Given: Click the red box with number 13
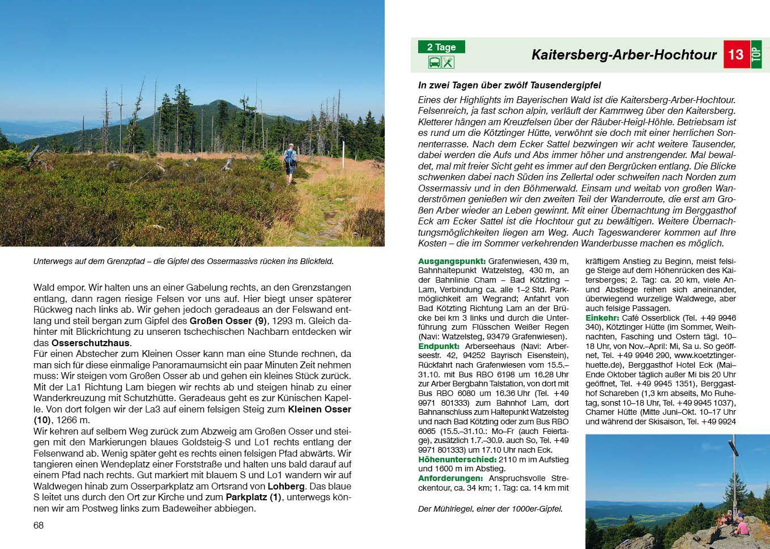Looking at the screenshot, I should [736, 54].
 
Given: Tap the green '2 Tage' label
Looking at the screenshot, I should [441, 47].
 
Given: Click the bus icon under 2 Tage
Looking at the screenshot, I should [435, 62].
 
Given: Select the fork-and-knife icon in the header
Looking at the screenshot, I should [448, 62].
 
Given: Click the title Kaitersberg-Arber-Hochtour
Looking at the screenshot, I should [624, 55].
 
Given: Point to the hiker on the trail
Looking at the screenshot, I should [290, 163].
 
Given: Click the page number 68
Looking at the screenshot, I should [39, 525].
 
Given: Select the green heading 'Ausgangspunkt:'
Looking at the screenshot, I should [452, 261].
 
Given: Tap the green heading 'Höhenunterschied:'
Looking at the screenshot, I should [457, 459].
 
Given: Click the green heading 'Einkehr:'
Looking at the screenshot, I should [603, 318].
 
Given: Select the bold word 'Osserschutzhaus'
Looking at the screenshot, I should [91, 343].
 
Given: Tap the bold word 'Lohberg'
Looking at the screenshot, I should [286, 486].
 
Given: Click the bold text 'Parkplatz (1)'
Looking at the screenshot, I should [253, 497].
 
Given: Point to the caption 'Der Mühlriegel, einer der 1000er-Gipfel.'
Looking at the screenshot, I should [490, 509].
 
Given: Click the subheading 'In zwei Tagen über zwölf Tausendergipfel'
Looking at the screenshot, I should [509, 86].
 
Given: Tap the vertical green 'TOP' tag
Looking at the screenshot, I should [756, 54].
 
